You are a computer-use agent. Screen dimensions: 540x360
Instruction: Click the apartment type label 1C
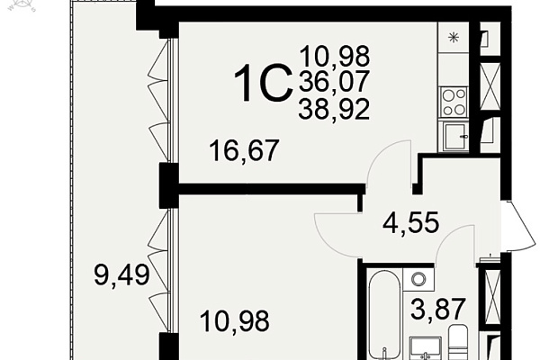coord(263,84)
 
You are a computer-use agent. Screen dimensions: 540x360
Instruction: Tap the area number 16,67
coord(244,150)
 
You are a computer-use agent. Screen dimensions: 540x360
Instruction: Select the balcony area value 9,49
coord(121,274)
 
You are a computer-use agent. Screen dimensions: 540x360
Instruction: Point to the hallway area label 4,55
coord(411,222)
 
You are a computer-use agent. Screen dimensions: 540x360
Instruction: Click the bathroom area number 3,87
coord(438,309)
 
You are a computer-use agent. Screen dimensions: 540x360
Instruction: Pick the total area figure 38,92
coord(334,109)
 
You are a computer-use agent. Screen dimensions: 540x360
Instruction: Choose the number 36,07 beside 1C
coord(334,82)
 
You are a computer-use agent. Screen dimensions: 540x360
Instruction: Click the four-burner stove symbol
coord(454,102)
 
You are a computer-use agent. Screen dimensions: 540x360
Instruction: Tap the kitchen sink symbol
coord(454,137)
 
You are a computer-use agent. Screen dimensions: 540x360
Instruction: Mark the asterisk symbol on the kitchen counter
coord(454,37)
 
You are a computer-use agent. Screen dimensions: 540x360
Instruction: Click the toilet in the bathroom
coord(458,342)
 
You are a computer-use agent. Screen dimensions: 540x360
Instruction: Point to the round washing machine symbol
coord(418,278)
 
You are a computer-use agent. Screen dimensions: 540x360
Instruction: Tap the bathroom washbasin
coord(425,348)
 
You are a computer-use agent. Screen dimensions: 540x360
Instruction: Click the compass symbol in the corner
coord(22,5)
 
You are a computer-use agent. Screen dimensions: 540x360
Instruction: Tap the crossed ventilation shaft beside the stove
coord(490,85)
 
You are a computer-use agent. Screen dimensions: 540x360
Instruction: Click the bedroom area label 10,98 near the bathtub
coord(234,321)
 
